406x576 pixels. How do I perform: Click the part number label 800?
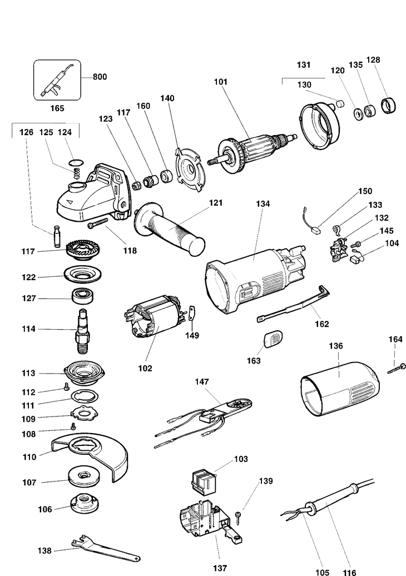pos(100,77)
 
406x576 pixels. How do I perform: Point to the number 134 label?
pos(263,204)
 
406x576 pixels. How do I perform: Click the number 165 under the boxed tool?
pos(56,108)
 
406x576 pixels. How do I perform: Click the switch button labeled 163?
pos(273,339)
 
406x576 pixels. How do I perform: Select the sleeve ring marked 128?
pos(389,105)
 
